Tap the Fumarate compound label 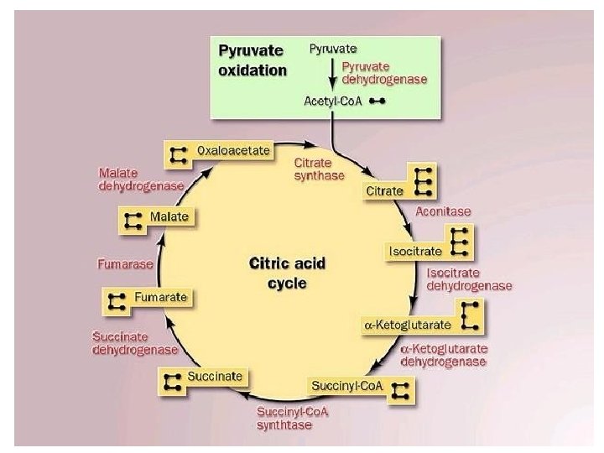(158, 297)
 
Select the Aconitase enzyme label (443, 212)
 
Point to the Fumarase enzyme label (126, 263)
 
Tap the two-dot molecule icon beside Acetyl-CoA (377, 102)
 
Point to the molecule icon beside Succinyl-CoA (401, 389)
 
